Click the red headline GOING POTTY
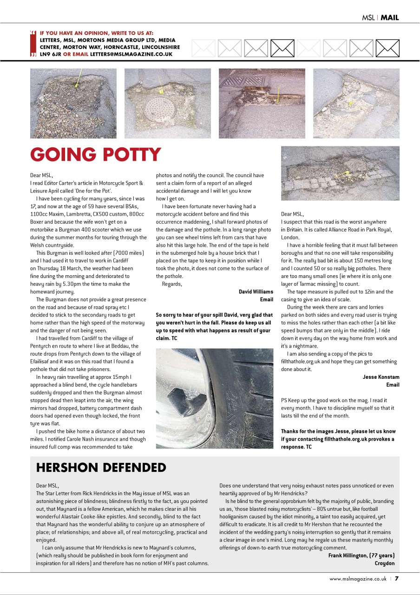click(96, 155)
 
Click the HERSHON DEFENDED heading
click(101, 467)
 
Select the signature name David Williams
click(256, 292)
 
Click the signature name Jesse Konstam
click(381, 377)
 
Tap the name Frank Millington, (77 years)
click(361, 555)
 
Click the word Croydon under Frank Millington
click(385, 563)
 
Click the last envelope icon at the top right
click(387, 47)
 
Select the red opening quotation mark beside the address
click(33, 33)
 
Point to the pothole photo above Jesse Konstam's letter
click(340, 173)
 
